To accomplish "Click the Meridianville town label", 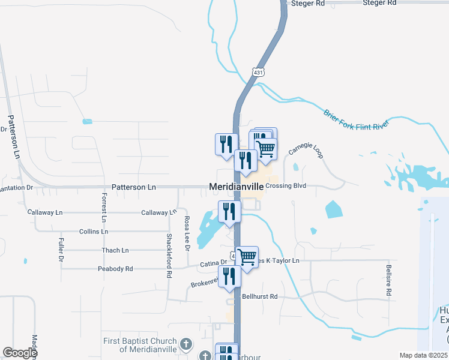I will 236,187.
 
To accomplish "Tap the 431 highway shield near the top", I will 259,72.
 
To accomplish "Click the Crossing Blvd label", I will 286,186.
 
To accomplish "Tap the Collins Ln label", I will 94,231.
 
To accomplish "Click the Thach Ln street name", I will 115,250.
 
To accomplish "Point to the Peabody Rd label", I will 115,269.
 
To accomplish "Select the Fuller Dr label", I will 61,250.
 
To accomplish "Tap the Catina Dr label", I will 213,262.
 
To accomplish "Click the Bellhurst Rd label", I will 259,296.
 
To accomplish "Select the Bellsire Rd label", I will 389,280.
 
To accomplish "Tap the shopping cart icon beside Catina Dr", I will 247,257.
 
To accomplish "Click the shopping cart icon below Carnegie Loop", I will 266,148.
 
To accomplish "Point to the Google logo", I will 20,353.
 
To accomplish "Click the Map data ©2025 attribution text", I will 423,355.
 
